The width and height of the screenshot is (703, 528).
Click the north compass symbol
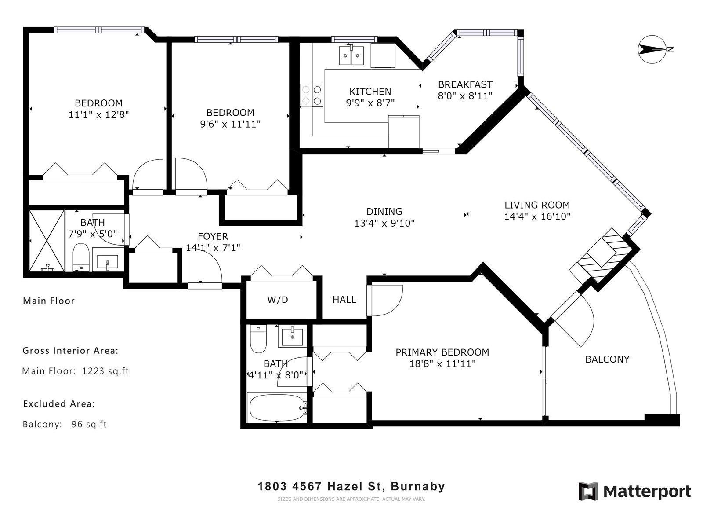coord(652,49)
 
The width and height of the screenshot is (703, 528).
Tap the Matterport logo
coord(634,491)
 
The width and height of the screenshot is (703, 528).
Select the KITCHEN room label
coord(370,92)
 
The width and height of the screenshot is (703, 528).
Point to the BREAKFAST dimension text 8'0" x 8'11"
coord(465,96)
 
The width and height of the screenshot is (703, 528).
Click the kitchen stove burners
coord(312,95)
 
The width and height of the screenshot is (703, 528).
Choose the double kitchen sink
coord(351,55)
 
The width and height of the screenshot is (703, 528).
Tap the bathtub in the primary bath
coord(277,407)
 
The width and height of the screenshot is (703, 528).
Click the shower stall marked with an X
coord(47,240)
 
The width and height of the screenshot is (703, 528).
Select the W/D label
coord(277,300)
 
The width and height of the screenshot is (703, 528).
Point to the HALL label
coord(344,300)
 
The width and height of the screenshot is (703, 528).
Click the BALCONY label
coord(607,359)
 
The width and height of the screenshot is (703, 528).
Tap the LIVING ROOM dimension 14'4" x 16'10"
coord(537,216)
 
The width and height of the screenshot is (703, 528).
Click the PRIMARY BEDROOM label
coord(442,352)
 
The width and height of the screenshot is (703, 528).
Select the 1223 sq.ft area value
coord(105,371)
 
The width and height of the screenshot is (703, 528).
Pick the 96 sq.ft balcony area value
coord(89,424)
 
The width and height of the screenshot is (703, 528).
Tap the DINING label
coord(384,212)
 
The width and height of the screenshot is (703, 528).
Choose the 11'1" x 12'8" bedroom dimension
coord(99,114)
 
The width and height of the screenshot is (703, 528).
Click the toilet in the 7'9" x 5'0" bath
coord(81,257)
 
